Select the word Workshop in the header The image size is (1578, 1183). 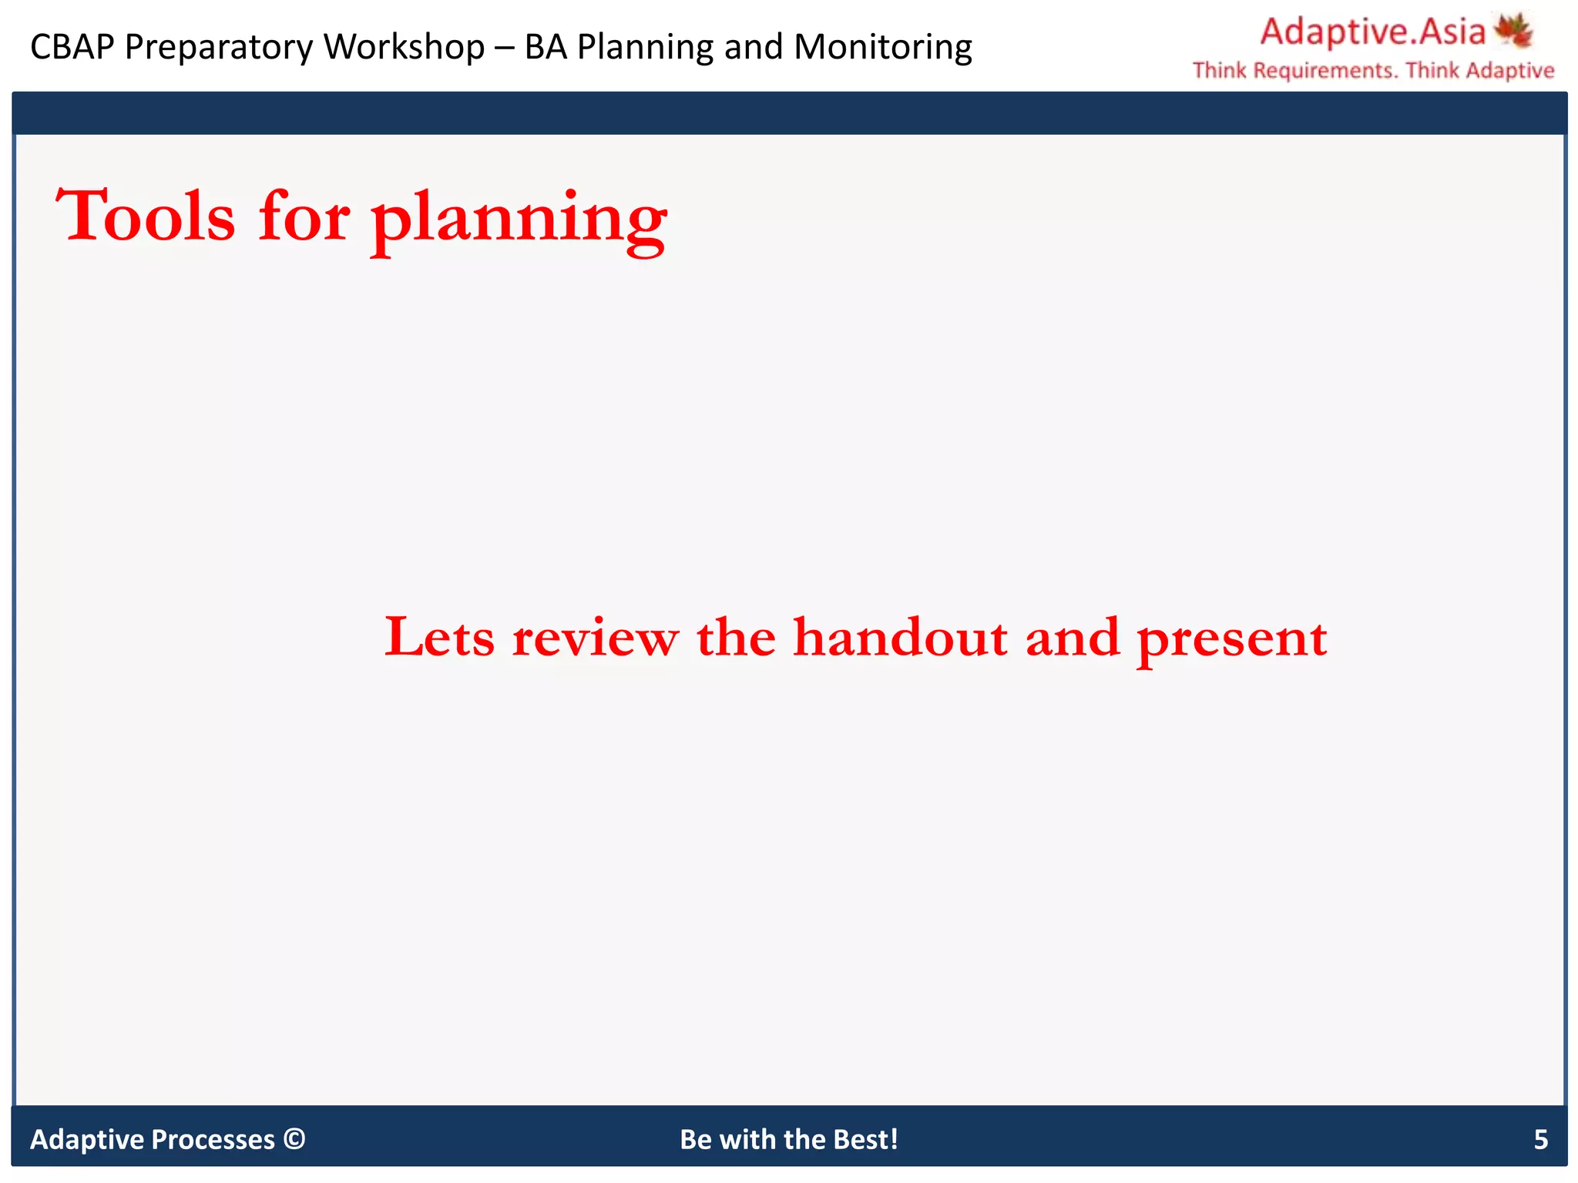[x=404, y=47]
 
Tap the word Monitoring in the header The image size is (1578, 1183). [x=883, y=47]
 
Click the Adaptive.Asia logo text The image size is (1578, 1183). [x=1372, y=32]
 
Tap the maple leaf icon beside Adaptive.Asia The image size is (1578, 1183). [x=1513, y=29]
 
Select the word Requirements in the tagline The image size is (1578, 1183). [x=1324, y=71]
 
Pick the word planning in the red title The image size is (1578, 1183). [x=519, y=220]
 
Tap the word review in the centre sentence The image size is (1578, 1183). [x=596, y=638]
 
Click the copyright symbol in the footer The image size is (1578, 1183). [x=294, y=1138]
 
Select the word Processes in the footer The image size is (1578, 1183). [x=213, y=1139]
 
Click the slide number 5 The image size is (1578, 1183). [x=1540, y=1139]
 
